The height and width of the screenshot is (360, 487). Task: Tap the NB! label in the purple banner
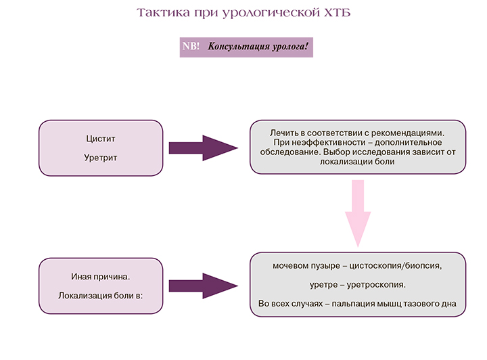[x=191, y=47]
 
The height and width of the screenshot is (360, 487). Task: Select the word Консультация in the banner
[x=239, y=47]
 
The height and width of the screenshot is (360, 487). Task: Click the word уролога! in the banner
[x=289, y=47]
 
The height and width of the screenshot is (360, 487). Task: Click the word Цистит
[x=101, y=139]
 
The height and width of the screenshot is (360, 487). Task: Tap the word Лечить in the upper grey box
[x=283, y=133]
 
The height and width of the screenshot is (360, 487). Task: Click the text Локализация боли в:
[x=101, y=295]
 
